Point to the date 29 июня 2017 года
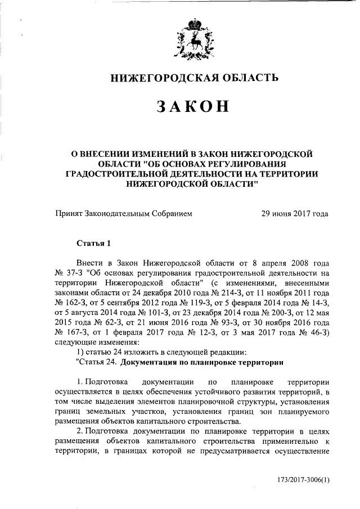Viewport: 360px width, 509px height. [x=295, y=214]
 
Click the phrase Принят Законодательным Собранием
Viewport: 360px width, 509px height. [x=124, y=214]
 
